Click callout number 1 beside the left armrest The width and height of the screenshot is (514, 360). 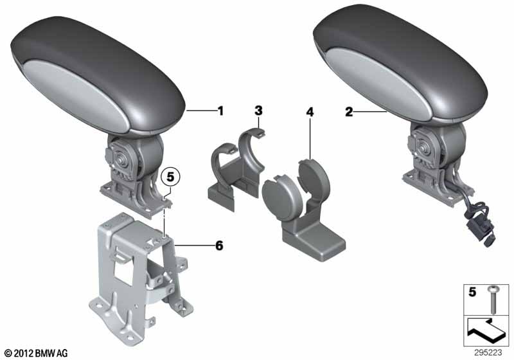click(x=221, y=111)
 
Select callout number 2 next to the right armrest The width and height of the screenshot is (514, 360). click(x=349, y=112)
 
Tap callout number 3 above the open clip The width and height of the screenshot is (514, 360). click(x=259, y=111)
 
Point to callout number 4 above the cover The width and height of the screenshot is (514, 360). click(x=310, y=112)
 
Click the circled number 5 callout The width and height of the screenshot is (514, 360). click(x=171, y=177)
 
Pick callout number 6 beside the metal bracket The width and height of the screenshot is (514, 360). click(x=219, y=245)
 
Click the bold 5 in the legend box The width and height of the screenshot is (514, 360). click(x=472, y=292)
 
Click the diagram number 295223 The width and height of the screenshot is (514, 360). click(x=488, y=352)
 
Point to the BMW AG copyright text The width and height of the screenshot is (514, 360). click(x=37, y=353)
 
